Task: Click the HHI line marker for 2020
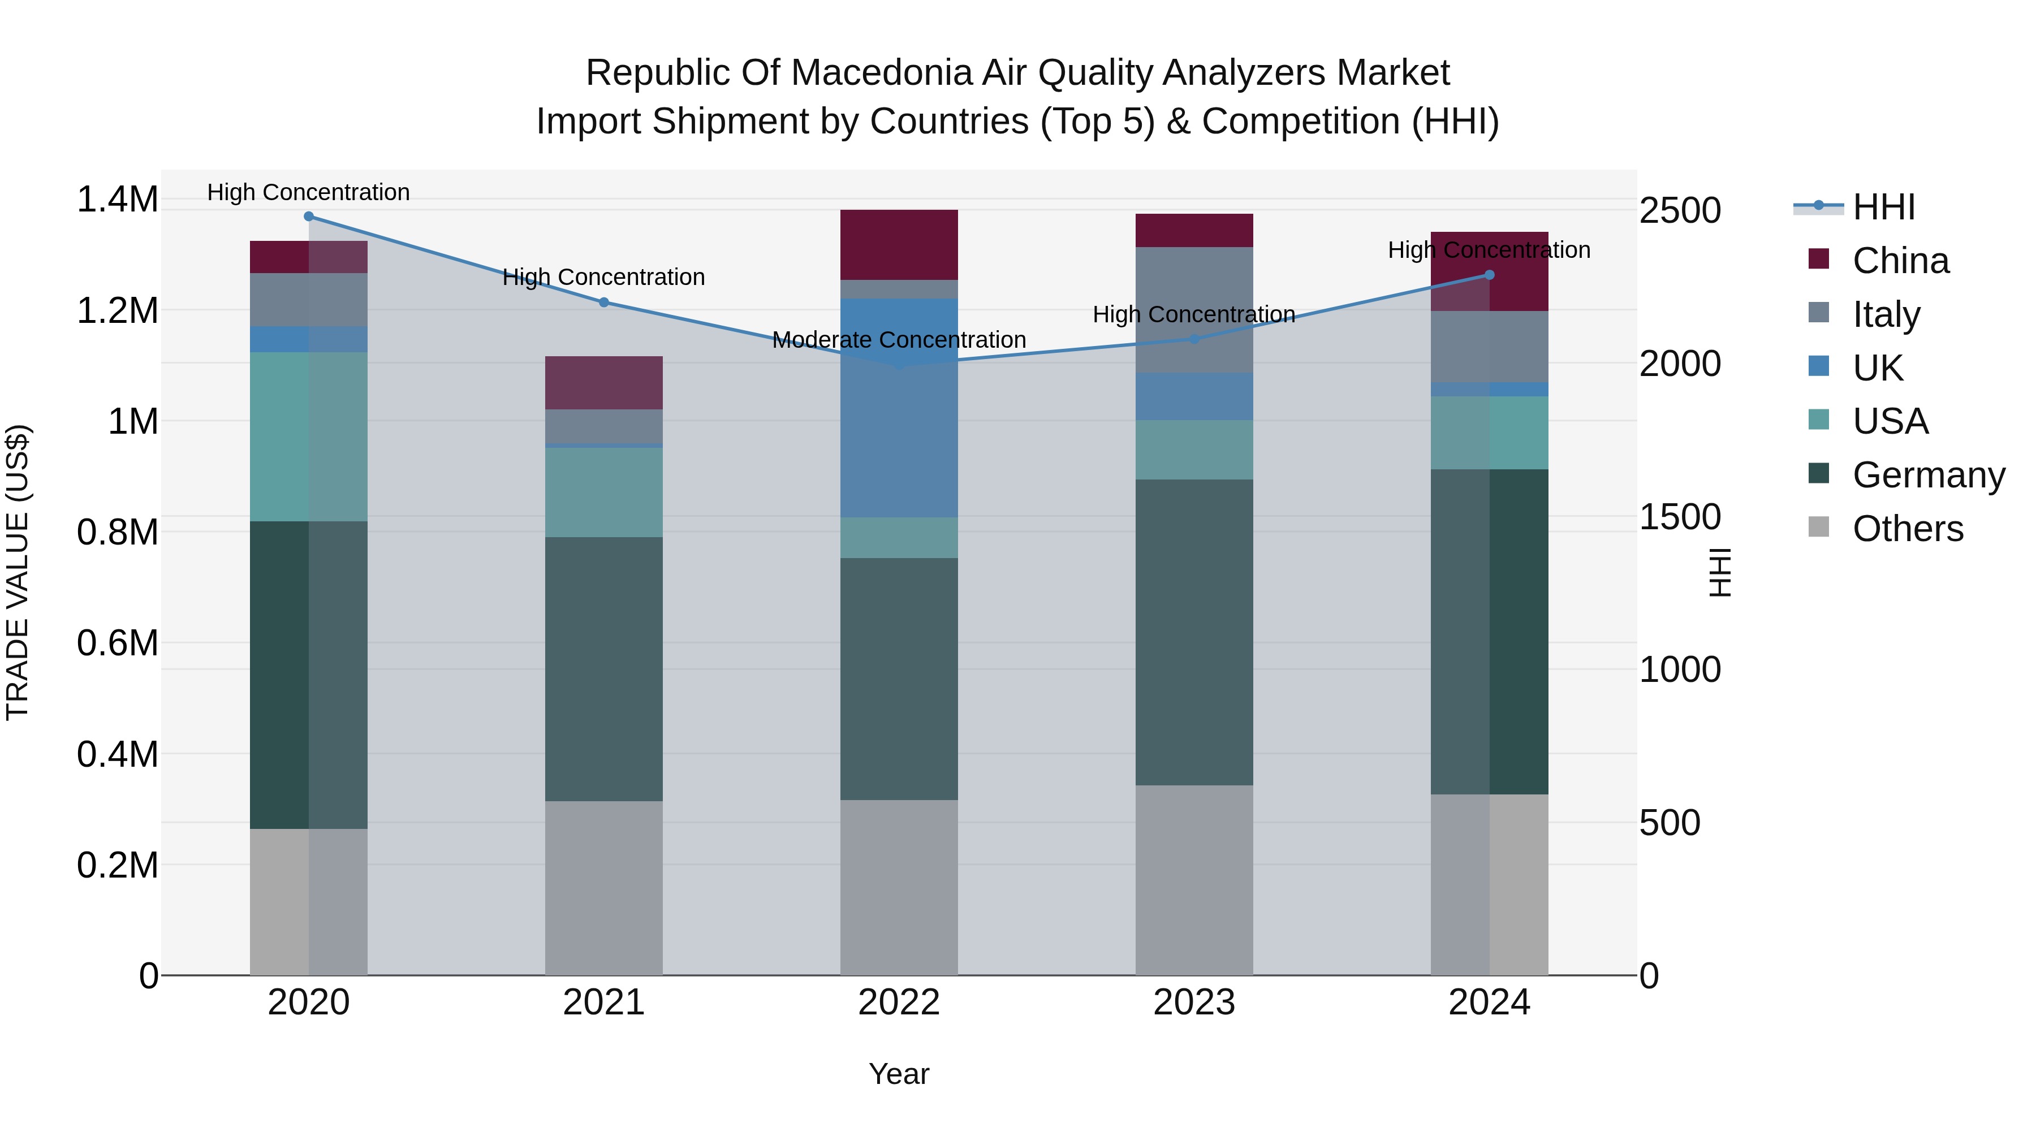(308, 217)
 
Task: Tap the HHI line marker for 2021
(604, 302)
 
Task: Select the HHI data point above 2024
(1489, 275)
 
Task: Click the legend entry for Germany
(1929, 475)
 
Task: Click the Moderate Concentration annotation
(899, 340)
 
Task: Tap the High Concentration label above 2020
(308, 192)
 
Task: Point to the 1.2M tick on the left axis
(117, 310)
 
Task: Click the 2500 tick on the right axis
(1680, 211)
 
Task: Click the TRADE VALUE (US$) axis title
(18, 572)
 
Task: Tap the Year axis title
(899, 1074)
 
